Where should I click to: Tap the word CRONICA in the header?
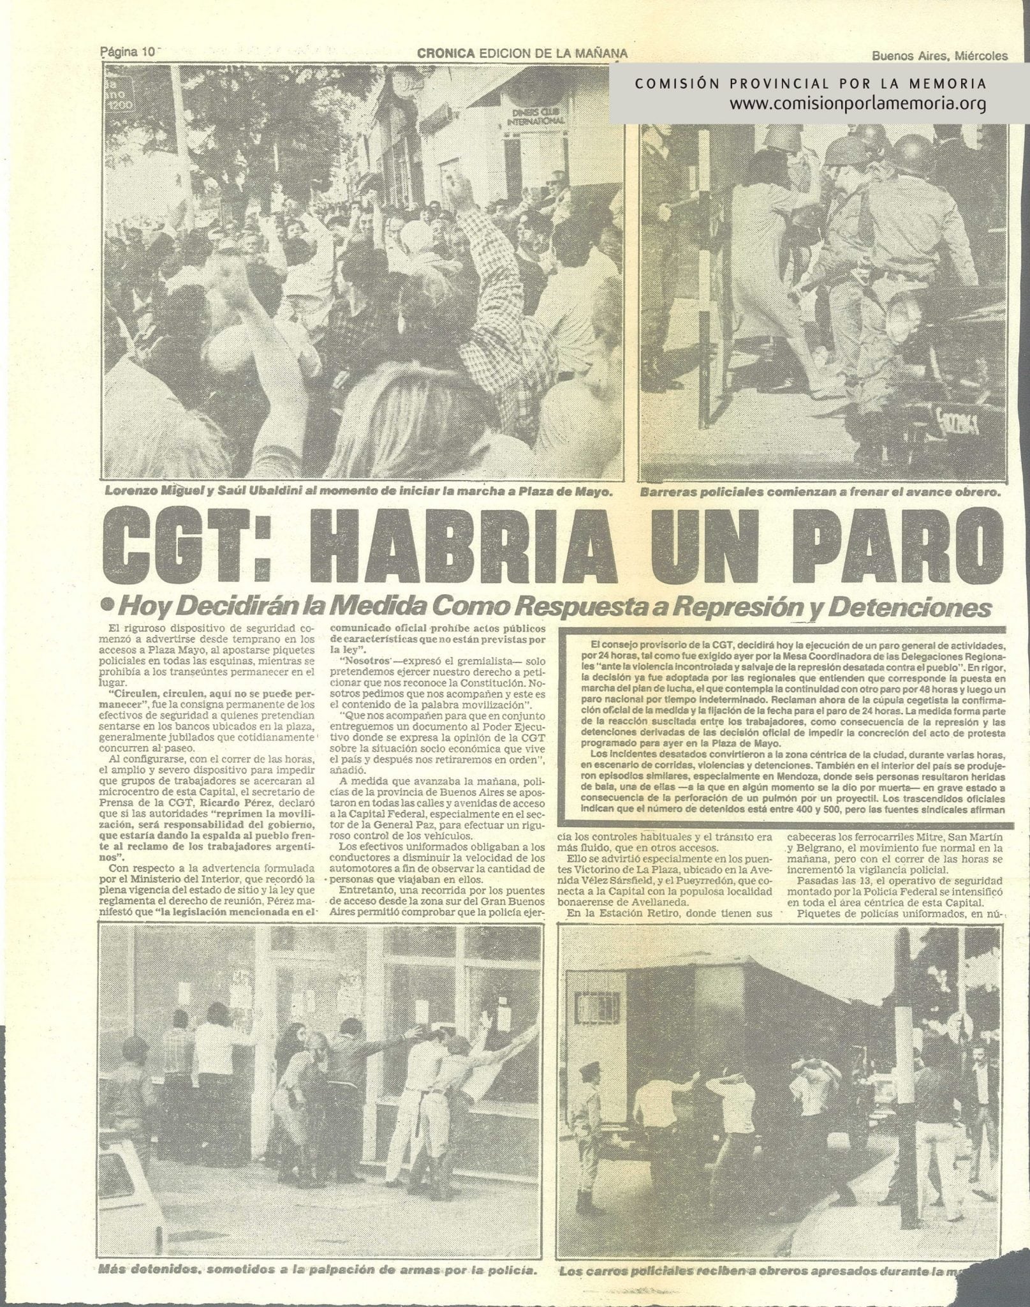(x=446, y=55)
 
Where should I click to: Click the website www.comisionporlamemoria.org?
(x=858, y=103)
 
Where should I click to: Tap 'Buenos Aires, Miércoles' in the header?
(x=939, y=56)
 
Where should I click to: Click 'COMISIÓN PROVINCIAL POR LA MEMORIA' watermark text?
(x=810, y=84)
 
